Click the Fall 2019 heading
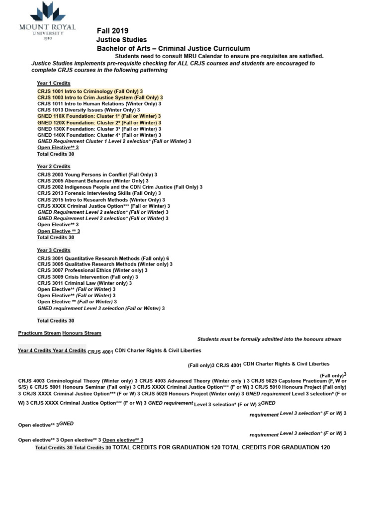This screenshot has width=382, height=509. pos(112,31)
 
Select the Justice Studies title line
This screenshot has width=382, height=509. pos(121,40)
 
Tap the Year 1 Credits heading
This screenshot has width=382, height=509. pos(54,83)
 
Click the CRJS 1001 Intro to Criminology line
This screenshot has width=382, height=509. pos(90,91)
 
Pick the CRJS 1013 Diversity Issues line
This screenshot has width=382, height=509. pos(89,110)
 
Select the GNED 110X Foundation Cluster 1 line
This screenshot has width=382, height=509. pos(99,116)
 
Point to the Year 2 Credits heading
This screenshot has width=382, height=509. pos(54,167)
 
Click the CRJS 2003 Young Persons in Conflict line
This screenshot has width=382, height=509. pos(97,175)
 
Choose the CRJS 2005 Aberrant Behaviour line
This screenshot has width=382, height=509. pos(93,181)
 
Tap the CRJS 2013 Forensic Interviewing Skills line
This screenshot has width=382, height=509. pos(99,193)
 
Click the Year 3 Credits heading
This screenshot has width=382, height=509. pos(54,251)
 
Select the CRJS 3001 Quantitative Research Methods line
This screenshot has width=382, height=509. pos(103,258)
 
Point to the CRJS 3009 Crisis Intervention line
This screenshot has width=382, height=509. pos(88,277)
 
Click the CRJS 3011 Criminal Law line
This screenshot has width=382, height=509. pos(85,283)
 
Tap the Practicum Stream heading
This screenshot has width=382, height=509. pos(40,333)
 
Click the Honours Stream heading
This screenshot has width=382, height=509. pos(82,333)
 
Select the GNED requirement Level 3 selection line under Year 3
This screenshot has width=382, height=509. pos(101,308)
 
